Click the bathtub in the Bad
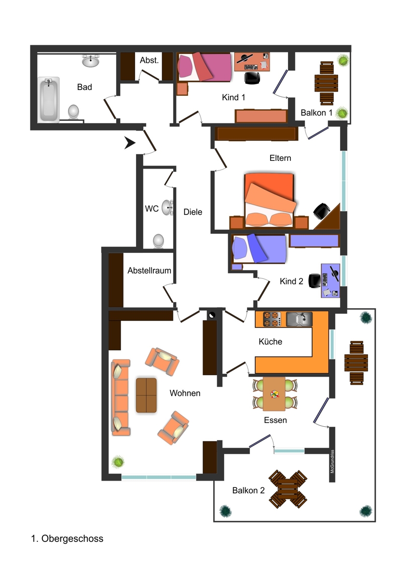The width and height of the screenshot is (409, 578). click(x=49, y=99)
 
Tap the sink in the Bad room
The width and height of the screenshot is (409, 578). click(x=91, y=61)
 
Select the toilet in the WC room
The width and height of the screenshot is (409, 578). click(x=158, y=240)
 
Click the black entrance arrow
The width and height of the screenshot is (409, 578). click(x=129, y=143)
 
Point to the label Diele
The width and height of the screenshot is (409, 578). click(x=192, y=212)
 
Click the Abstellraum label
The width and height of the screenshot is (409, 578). click(x=149, y=271)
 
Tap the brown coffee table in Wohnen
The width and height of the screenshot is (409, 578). click(x=146, y=395)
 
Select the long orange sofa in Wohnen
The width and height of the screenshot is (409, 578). click(x=121, y=397)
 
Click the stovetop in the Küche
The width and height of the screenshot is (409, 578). click(x=272, y=319)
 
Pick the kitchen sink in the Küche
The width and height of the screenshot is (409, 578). click(x=299, y=319)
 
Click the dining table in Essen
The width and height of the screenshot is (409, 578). click(x=275, y=394)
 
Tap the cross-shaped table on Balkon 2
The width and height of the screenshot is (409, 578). click(x=288, y=489)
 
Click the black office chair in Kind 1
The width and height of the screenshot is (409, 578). click(x=252, y=77)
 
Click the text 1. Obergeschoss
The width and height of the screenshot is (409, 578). click(x=67, y=539)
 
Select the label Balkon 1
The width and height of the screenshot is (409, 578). click(x=316, y=113)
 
